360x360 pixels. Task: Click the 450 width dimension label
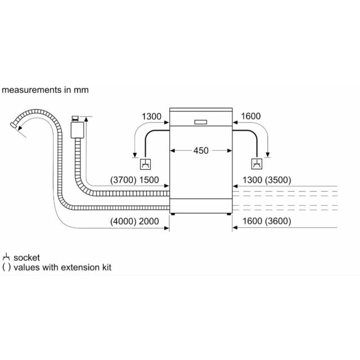pos(201,151)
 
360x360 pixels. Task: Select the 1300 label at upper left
pos(151,116)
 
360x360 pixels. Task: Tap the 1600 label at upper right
pos(251,116)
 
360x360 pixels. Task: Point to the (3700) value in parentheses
pos(123,180)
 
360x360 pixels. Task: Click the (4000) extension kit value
pos(123,221)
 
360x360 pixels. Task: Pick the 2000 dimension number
pos(149,221)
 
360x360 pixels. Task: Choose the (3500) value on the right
pos(278,180)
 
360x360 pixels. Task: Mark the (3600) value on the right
pos(278,221)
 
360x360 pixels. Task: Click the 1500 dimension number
pos(149,180)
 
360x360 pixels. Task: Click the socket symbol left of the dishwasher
pos(145,164)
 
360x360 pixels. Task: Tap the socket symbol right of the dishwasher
pos(256,164)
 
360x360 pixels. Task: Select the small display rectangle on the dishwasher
pos(201,122)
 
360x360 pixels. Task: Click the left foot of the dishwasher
pos(173,214)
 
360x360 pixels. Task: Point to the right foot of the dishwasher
pos(229,214)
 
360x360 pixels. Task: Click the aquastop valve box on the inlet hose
pos(78,130)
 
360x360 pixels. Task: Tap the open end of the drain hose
pos(13,125)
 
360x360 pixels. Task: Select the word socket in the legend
pos(26,258)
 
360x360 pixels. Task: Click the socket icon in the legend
pos(6,257)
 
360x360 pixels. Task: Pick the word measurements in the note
pos(31,90)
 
